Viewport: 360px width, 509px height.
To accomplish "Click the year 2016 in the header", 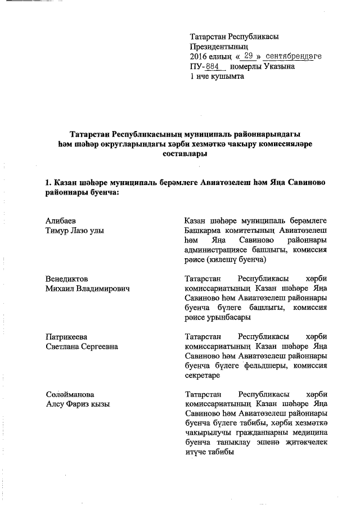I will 199,57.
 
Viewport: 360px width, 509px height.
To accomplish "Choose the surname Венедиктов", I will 67,279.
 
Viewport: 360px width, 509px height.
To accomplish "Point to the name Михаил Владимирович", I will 87,289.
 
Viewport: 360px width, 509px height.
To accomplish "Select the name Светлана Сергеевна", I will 82,346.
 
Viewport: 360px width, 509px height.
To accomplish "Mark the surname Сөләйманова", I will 70,395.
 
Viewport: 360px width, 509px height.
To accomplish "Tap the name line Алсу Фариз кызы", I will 77,404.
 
